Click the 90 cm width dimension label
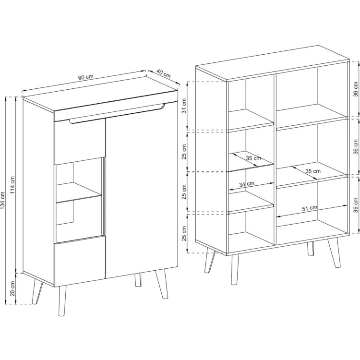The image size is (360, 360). (x=86, y=77)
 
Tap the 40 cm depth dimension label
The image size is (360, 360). (x=164, y=73)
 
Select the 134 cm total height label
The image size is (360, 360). (x=2, y=201)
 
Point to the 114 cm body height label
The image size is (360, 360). (x=12, y=185)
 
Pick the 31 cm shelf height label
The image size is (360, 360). (x=184, y=106)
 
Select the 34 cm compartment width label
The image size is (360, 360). (x=247, y=184)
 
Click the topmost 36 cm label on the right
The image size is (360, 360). (x=355, y=89)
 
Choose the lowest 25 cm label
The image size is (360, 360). (x=184, y=233)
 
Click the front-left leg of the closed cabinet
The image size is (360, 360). (x=62, y=301)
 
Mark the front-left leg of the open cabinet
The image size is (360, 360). (x=235, y=269)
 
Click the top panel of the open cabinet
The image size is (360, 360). (x=273, y=63)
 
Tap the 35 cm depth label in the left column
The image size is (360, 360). (x=253, y=158)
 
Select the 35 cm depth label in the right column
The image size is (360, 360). (x=312, y=171)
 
